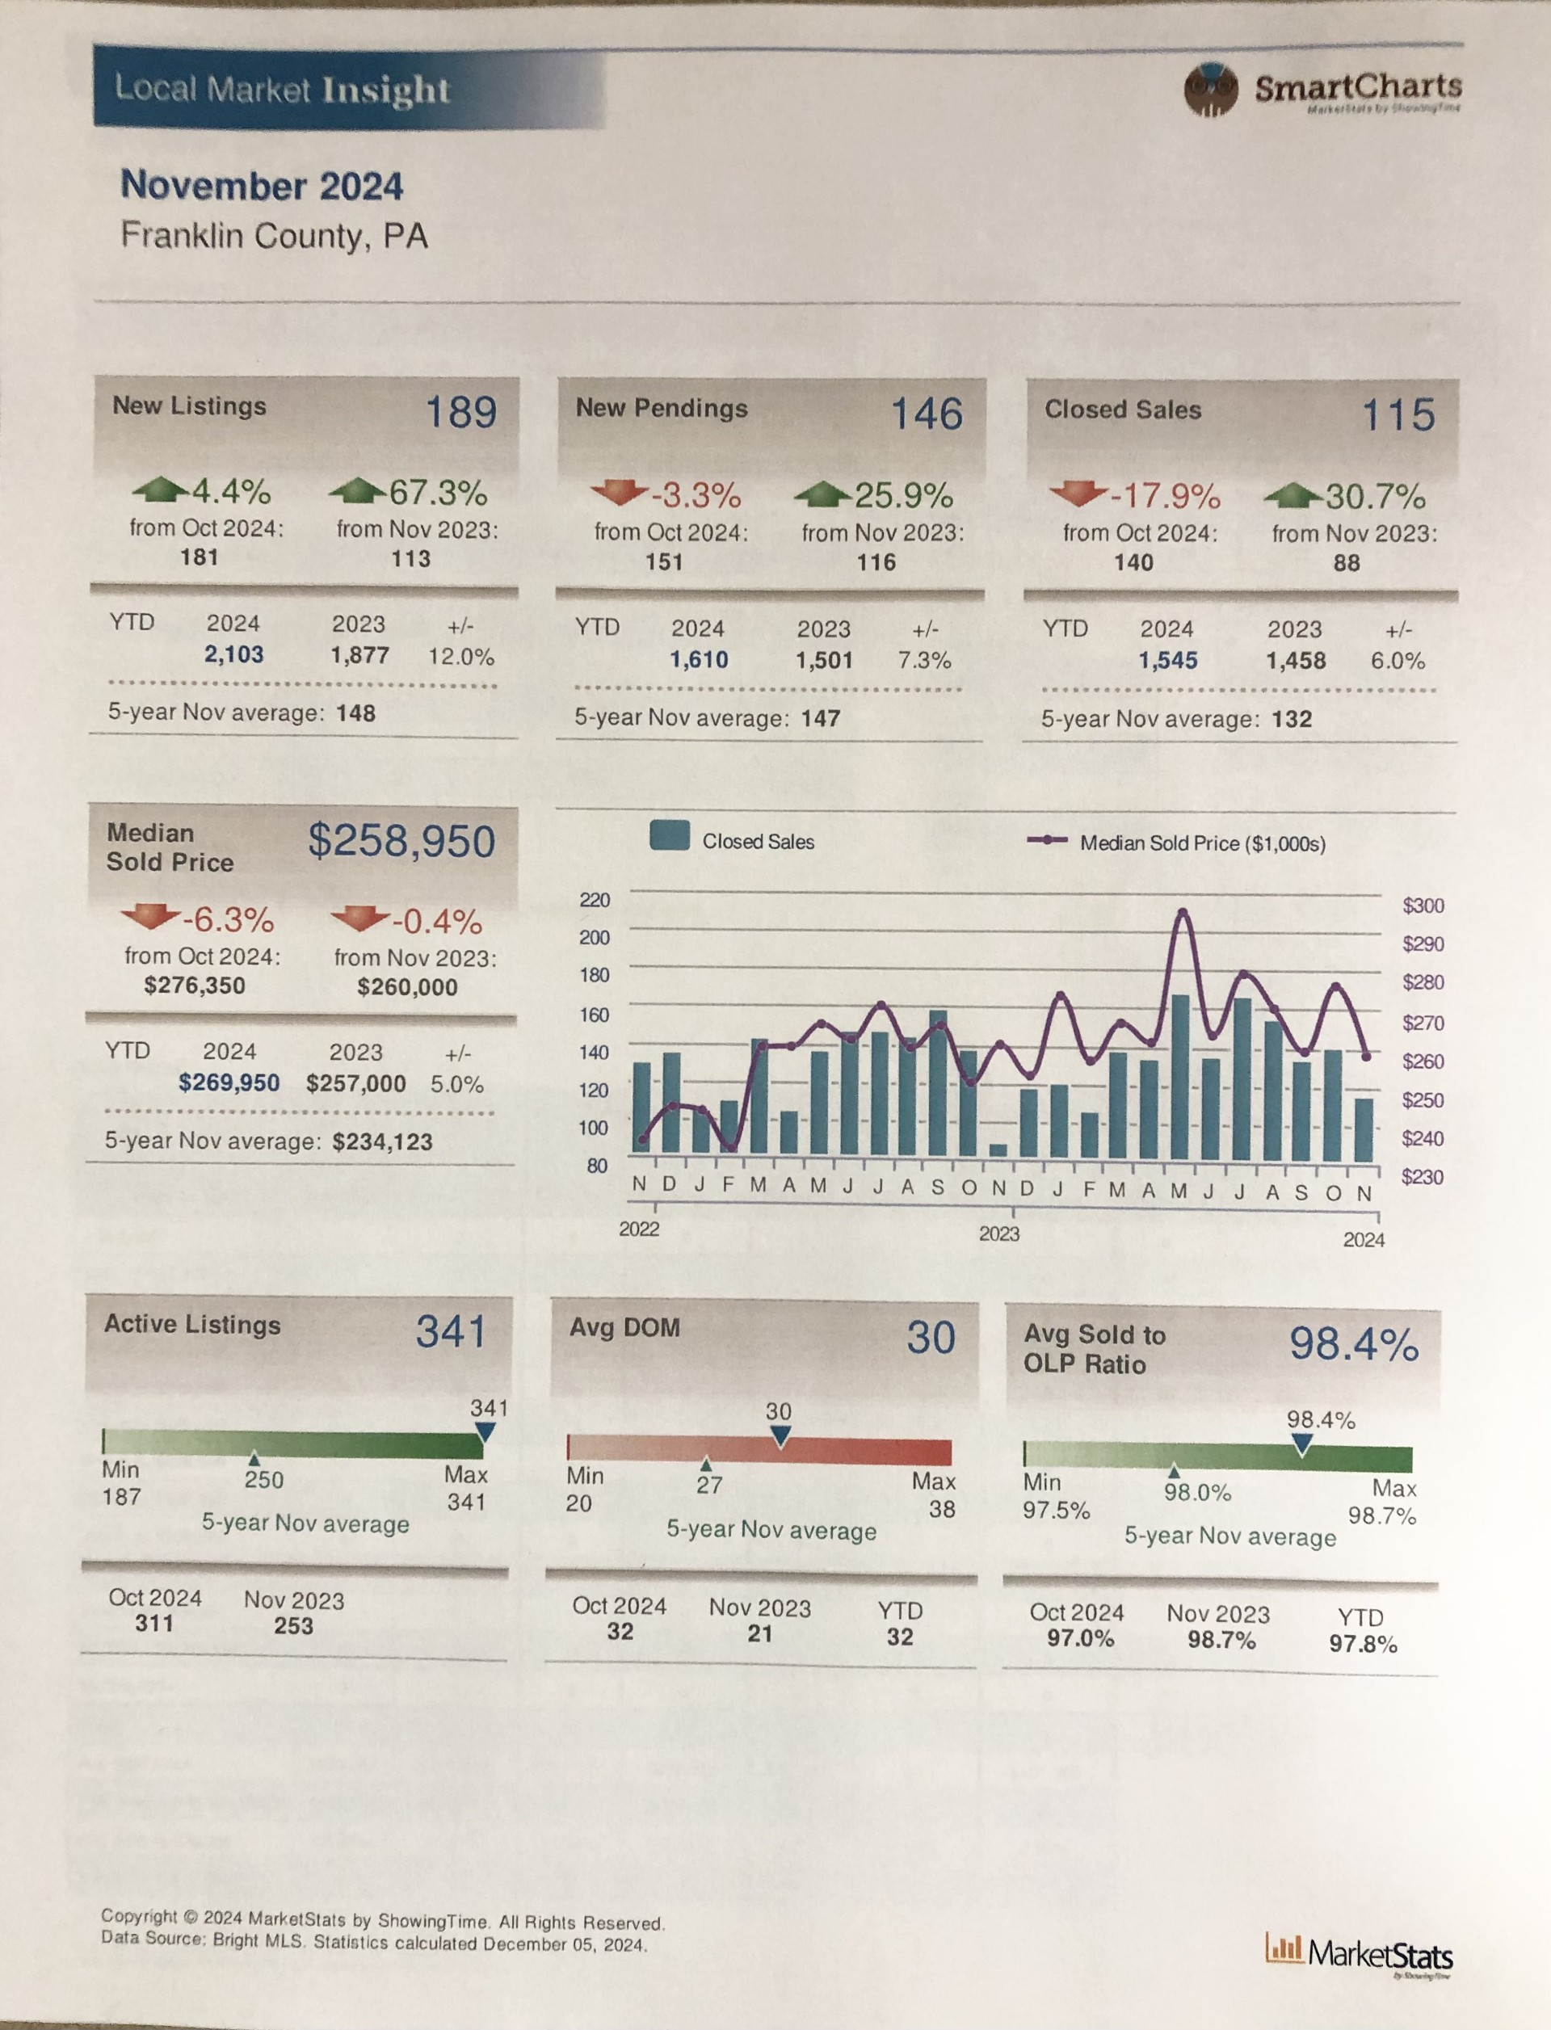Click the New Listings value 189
click(460, 412)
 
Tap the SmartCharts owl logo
click(1209, 90)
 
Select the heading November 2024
click(263, 186)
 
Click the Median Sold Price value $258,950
click(401, 841)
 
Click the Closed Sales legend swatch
click(670, 835)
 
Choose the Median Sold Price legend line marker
click(1047, 840)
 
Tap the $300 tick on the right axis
click(1423, 906)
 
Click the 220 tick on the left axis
click(595, 900)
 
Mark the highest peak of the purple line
click(1182, 913)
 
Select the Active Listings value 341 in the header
click(451, 1331)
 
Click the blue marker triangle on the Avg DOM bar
click(780, 1436)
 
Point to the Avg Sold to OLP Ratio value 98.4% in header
click(1353, 1343)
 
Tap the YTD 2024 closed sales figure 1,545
click(1168, 661)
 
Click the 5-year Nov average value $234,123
click(382, 1142)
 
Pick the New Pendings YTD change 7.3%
click(924, 660)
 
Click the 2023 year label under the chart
click(999, 1234)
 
